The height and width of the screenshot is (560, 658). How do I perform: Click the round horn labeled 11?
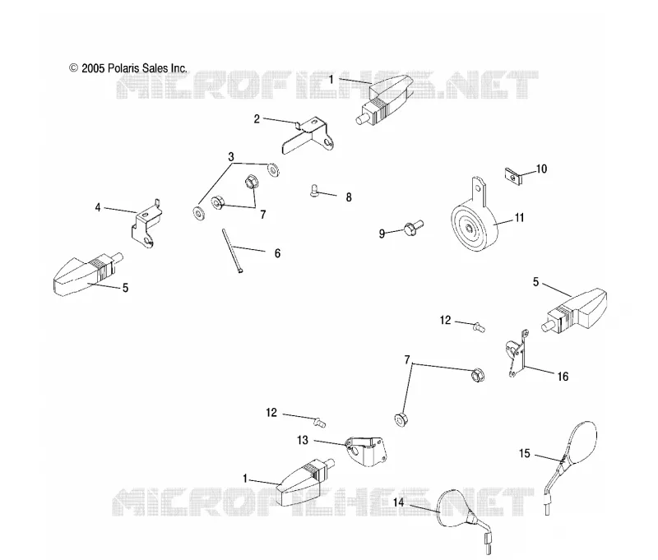(474, 222)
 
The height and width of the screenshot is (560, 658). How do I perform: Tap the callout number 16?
(563, 377)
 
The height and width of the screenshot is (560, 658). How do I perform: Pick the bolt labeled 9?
(414, 227)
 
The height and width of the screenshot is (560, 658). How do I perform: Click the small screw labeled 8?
(315, 191)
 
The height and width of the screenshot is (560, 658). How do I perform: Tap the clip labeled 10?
(512, 176)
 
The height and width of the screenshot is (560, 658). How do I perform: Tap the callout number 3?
(231, 157)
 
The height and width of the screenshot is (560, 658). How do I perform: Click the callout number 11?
(520, 218)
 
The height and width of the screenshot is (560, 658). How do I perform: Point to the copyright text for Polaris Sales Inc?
(128, 68)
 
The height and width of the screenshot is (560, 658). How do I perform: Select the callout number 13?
(303, 440)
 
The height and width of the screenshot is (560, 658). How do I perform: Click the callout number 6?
(277, 253)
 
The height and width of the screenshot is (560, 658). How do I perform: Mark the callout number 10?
(541, 169)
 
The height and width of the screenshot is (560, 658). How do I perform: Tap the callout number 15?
(525, 453)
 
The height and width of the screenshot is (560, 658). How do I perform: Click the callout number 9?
(382, 234)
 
